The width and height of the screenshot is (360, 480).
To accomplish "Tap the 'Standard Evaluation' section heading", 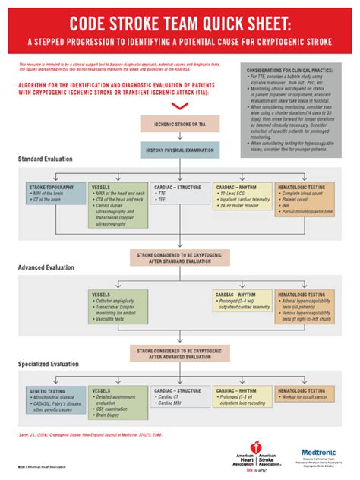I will click(x=46, y=159).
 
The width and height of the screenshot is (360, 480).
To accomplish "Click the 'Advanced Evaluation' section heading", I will click(x=46, y=268).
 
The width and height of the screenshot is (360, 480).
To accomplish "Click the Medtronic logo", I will click(x=319, y=453).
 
